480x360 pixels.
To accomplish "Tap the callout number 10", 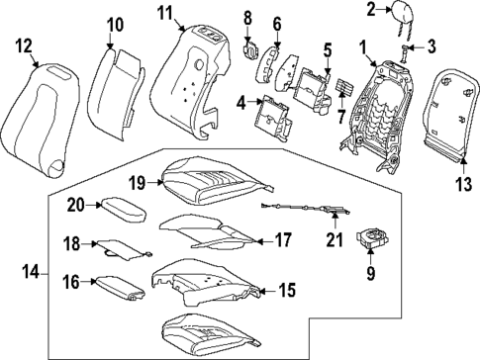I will point(115,24).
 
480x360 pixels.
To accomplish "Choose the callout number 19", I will point(138,183).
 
